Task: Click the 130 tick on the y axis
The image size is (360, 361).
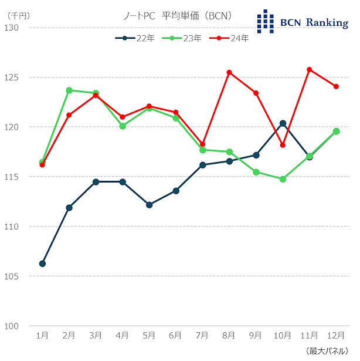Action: click(x=11, y=28)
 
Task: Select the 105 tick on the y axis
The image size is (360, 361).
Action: click(x=11, y=276)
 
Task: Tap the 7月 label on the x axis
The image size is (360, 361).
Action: click(x=202, y=335)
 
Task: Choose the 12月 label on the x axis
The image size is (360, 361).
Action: click(x=336, y=335)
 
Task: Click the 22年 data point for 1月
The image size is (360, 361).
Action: click(x=42, y=264)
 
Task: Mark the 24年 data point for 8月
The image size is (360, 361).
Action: click(x=229, y=72)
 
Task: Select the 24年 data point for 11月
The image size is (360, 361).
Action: click(x=310, y=69)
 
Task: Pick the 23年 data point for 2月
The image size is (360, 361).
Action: click(x=69, y=90)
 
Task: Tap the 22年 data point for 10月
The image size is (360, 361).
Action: click(x=283, y=123)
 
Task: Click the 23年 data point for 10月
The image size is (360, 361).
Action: click(x=283, y=179)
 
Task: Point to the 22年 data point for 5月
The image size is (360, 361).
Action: click(x=149, y=205)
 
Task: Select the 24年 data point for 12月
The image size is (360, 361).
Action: click(x=336, y=86)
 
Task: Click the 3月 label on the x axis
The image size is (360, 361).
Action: click(x=96, y=335)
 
